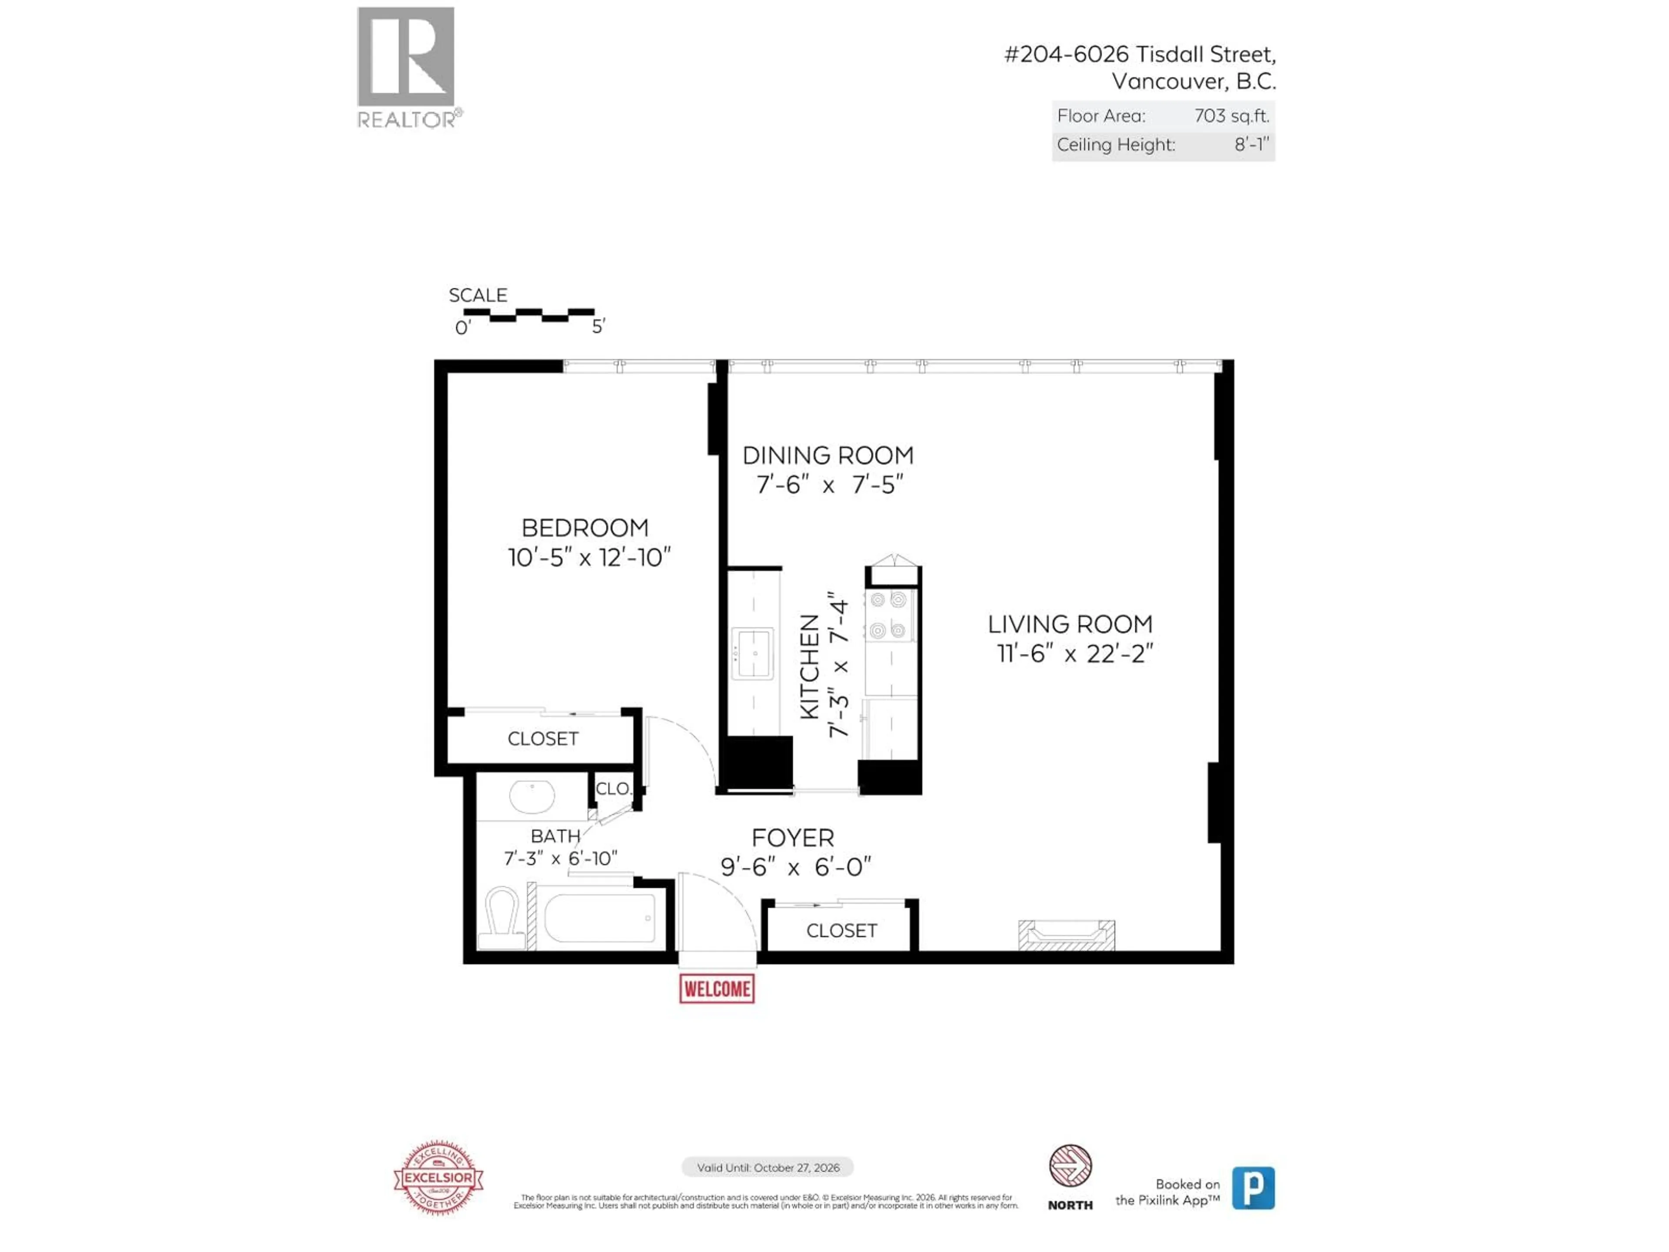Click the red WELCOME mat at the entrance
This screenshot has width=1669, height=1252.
tap(717, 989)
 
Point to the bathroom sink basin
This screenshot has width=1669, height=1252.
tap(532, 796)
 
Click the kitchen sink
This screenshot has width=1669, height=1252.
tap(752, 653)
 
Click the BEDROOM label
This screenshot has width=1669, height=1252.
tap(585, 527)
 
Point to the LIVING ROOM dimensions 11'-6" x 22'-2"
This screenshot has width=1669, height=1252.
tap(1074, 653)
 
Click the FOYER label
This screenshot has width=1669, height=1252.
tap(792, 838)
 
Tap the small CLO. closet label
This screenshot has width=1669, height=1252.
tap(613, 789)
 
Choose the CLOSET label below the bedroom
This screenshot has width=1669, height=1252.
tap(542, 739)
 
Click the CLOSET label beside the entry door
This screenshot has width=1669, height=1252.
tap(841, 930)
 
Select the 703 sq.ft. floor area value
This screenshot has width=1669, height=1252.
tap(1231, 116)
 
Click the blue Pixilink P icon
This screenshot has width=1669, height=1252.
tap(1253, 1188)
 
